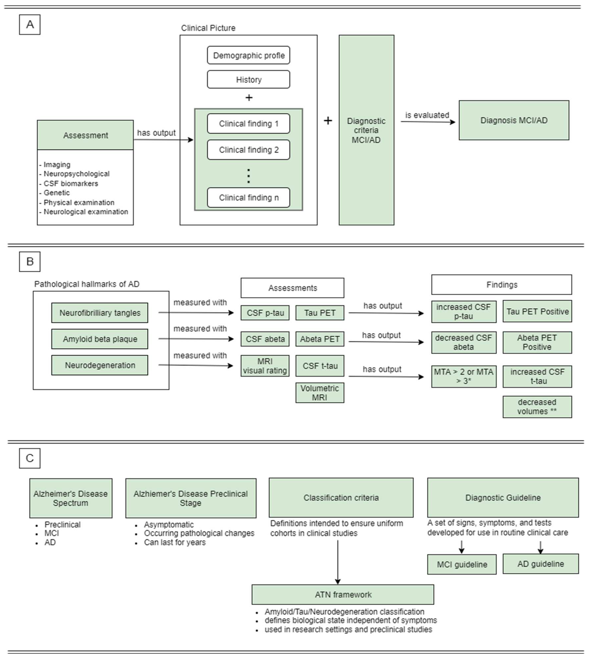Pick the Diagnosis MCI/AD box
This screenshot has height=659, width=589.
click(514, 120)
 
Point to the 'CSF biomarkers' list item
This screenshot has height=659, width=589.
click(71, 183)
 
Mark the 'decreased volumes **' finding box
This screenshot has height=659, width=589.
click(537, 407)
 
